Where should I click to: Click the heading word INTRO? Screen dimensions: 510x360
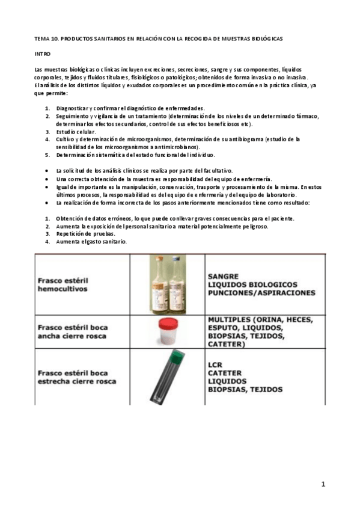[42, 54]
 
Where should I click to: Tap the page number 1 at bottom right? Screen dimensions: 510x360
[323, 484]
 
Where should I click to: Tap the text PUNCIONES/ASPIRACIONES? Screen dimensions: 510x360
[261, 293]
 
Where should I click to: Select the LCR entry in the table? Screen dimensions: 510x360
[215, 364]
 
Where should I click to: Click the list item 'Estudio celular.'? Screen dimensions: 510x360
[76, 131]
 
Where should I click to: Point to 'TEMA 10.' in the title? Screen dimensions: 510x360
[46, 38]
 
